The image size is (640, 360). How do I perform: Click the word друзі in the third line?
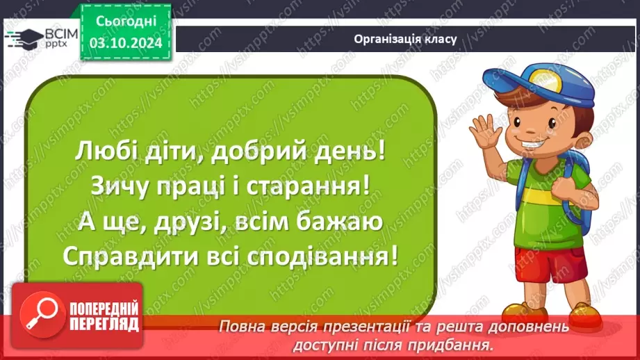(174, 222)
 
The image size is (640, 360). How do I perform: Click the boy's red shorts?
(541, 265)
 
